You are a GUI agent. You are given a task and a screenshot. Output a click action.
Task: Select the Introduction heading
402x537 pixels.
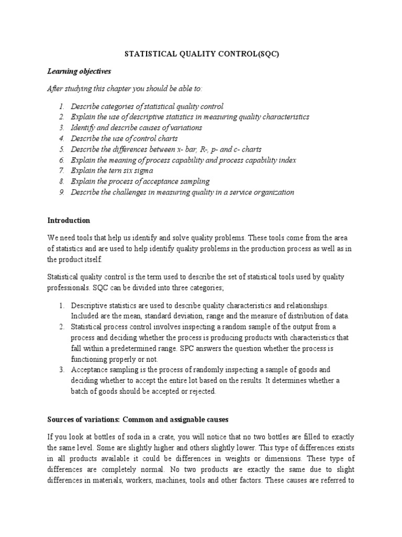click(x=69, y=220)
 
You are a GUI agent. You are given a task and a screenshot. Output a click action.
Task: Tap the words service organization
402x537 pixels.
click(x=263, y=192)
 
